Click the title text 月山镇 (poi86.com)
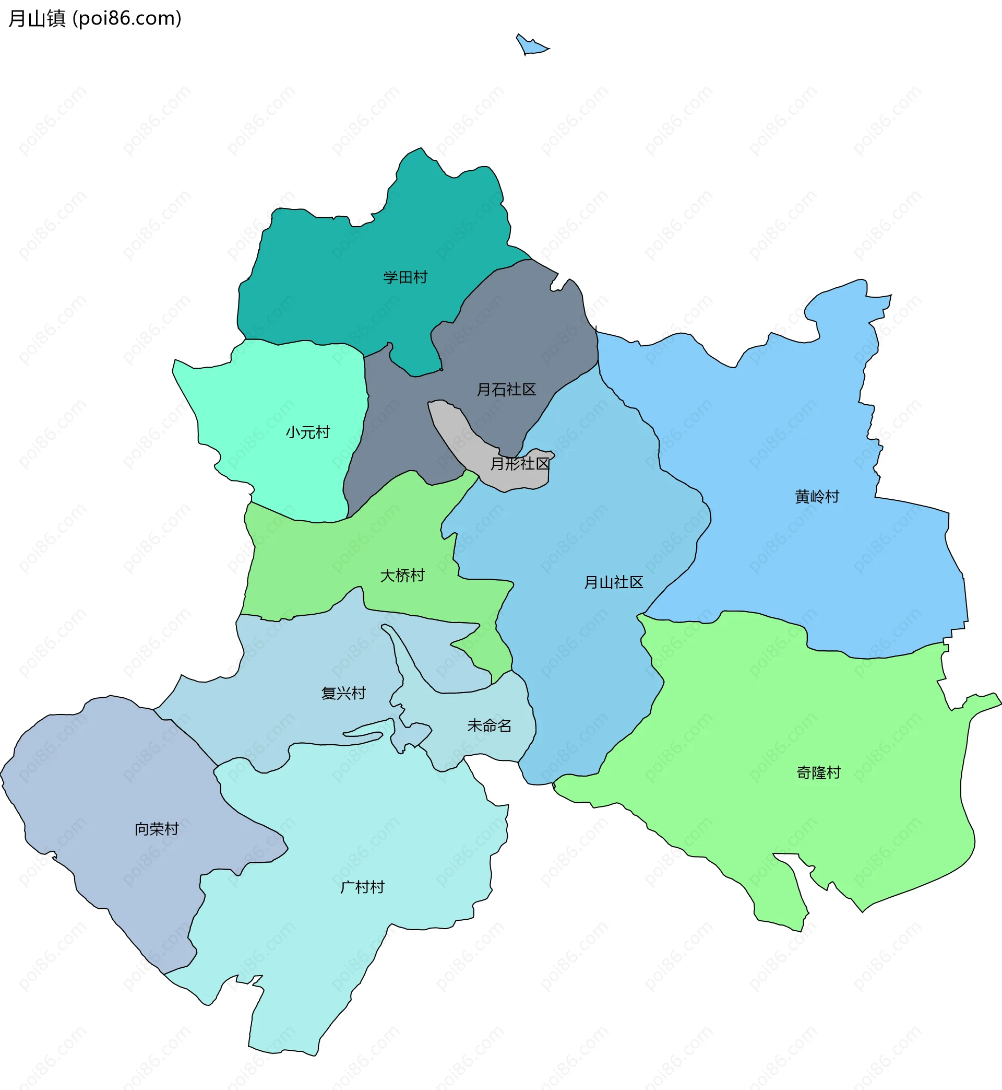point(95,18)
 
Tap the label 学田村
point(405,277)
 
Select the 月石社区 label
point(506,390)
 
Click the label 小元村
point(307,432)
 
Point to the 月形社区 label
point(519,464)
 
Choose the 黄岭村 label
point(817,497)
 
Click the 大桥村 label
point(402,576)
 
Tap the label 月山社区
point(613,583)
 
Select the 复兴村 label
point(343,694)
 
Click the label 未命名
point(489,726)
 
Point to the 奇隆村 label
point(818,772)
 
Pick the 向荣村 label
point(156,829)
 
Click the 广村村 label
point(362,887)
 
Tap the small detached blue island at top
point(531,46)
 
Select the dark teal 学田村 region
point(336,282)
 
